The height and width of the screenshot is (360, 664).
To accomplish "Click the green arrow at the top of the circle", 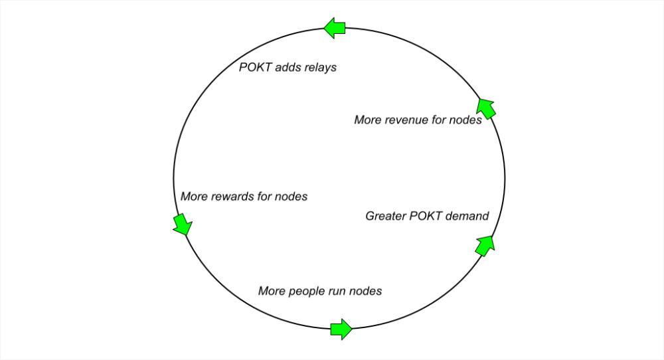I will pos(335,27).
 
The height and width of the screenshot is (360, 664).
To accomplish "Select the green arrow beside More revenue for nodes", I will pos(487,108).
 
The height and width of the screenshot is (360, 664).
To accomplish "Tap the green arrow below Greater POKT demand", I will pos(485,244).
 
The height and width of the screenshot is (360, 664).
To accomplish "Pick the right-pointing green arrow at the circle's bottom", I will pos(341,329).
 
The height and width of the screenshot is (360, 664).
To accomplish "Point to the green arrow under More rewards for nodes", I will pos(181,224).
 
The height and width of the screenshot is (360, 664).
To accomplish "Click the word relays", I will pos(318,67).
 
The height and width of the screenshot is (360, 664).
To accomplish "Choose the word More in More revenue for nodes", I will pos(368,120).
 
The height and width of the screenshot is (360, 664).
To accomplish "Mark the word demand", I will pos(467,216).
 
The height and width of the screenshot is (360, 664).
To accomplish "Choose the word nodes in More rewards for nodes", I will pos(293,197).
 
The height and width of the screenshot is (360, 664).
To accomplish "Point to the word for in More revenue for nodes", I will pos(443,120).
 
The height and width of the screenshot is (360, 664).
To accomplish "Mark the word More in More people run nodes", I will pos(272,291).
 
